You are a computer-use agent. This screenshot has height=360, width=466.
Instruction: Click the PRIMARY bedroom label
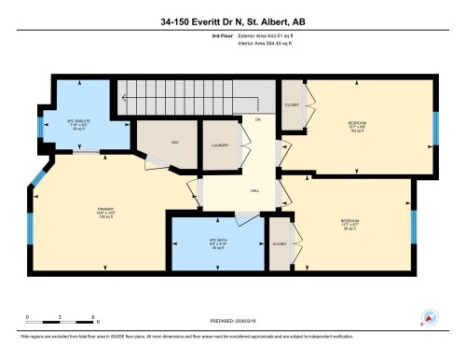104,211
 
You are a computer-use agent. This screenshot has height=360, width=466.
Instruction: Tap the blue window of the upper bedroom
434,128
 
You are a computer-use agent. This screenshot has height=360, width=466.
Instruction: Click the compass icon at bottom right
429,317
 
